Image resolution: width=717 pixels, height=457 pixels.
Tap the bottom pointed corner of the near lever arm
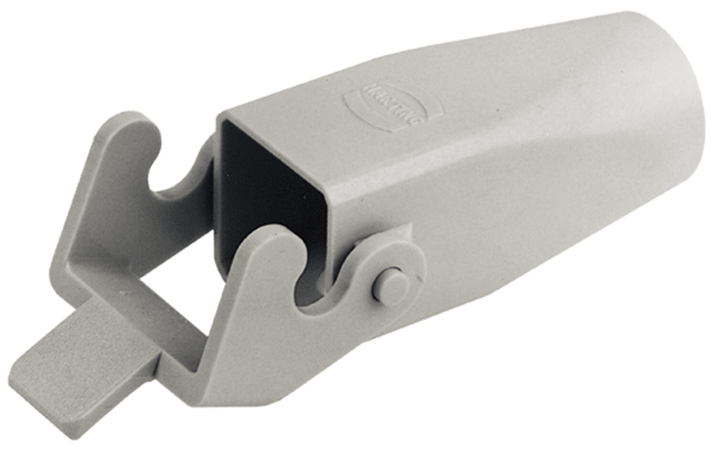[x=201, y=402]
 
